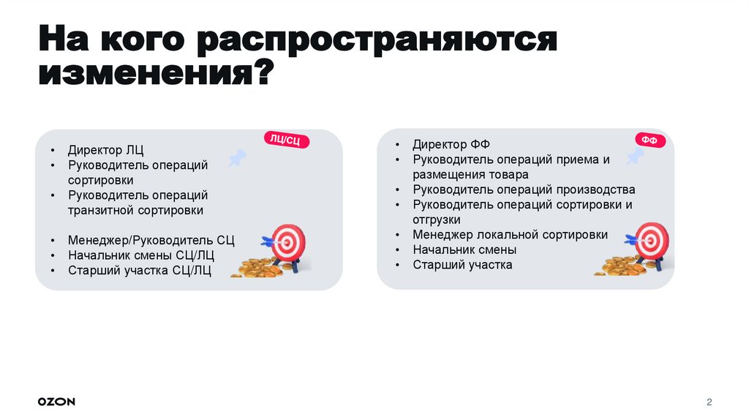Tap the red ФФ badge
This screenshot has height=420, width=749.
[x=649, y=140]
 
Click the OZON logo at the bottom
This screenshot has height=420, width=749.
[x=56, y=402]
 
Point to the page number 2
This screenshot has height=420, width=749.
[x=709, y=402]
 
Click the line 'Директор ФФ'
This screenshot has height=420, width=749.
[x=451, y=144]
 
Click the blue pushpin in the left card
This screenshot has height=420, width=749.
[x=238, y=157]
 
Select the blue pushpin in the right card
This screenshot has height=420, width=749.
[x=634, y=156]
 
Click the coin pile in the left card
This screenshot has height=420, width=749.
[x=256, y=269]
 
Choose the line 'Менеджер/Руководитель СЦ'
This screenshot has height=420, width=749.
[x=151, y=240]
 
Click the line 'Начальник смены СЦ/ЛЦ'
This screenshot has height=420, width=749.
[x=141, y=255]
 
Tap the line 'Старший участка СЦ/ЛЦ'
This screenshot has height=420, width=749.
[x=140, y=271]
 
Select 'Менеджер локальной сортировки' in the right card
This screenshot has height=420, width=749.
[x=510, y=235]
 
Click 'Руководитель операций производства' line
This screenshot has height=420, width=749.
[x=524, y=190]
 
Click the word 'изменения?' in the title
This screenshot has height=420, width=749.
[x=156, y=75]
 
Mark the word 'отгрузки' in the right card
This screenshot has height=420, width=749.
[x=437, y=220]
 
